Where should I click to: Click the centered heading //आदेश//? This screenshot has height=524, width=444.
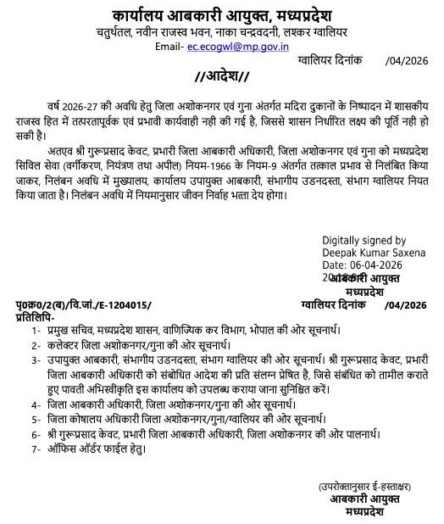click(x=221, y=80)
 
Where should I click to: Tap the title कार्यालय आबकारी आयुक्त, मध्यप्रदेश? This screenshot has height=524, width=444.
click(x=222, y=14)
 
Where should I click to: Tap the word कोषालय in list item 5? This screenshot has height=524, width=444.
click(x=87, y=418)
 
